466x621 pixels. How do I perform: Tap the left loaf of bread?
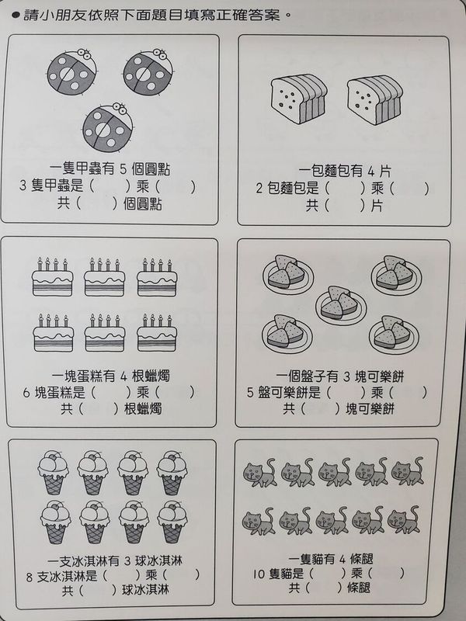click(x=298, y=99)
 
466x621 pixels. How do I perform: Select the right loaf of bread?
click(x=374, y=100)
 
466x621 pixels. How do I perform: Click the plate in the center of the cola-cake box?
click(x=341, y=304)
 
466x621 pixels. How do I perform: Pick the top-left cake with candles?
click(x=52, y=277)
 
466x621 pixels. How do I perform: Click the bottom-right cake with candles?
click(x=157, y=333)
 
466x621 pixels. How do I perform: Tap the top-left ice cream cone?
click(x=54, y=473)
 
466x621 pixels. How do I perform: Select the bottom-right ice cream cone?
click(x=172, y=522)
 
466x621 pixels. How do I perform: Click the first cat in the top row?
click(x=259, y=473)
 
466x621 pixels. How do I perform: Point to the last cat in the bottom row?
click(x=404, y=519)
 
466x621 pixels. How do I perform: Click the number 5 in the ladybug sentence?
click(x=123, y=169)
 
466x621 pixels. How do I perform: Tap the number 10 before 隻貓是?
click(x=259, y=574)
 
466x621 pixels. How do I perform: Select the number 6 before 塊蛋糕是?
click(x=26, y=394)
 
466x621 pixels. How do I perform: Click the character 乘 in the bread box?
click(x=377, y=189)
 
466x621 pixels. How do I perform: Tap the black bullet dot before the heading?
click(x=16, y=16)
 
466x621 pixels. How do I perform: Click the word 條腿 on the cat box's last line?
click(x=359, y=588)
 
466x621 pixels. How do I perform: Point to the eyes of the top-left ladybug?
click(x=84, y=53)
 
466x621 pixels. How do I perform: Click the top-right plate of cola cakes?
click(x=396, y=273)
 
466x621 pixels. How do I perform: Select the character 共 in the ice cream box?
click(x=68, y=592)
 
